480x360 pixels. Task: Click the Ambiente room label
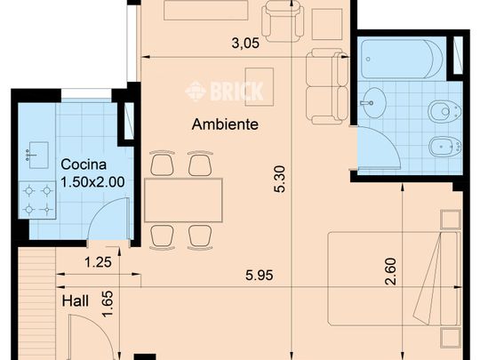coord(225,125)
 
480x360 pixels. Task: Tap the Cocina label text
coord(84,164)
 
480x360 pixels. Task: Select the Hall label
coord(76,302)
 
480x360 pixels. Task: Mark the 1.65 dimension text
coord(108,306)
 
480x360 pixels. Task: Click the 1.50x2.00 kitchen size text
coord(92,182)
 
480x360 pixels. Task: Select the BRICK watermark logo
coord(224,91)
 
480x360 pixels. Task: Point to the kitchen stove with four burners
coord(39,200)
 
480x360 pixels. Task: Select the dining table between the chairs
coord(184,200)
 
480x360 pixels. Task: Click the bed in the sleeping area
coord(391,278)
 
